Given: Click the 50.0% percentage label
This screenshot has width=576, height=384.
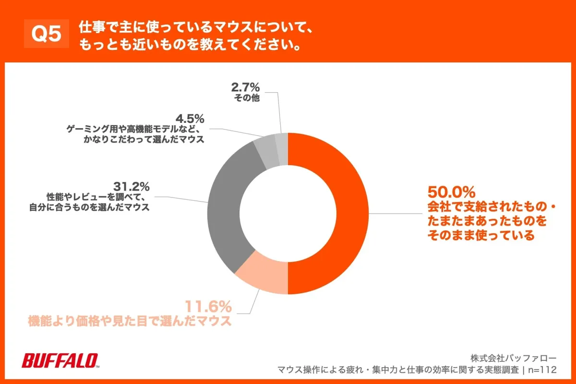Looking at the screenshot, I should (x=451, y=193).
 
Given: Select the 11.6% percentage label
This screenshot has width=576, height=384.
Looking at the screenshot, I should (x=208, y=306).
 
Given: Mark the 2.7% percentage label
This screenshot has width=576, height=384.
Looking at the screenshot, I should (x=245, y=87).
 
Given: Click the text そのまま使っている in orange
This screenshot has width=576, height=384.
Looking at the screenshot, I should (x=480, y=236).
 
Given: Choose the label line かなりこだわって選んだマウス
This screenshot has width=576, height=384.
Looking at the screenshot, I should (x=144, y=139).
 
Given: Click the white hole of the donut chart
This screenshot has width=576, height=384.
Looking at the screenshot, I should (x=288, y=214).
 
